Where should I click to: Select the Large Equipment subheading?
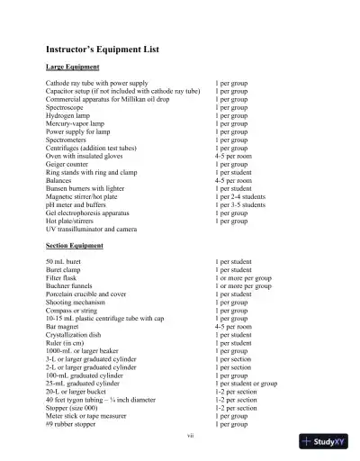[72, 68]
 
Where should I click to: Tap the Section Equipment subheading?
[75, 245]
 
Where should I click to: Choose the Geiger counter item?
[68, 165]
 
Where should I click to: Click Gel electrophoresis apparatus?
[91, 212]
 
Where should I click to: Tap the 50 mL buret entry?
[63, 261]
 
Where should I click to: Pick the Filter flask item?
[62, 277]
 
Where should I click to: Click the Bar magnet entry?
[63, 327]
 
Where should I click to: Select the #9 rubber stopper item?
[74, 424]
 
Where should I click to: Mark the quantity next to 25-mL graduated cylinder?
[246, 384]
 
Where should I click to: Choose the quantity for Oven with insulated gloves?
[233, 156]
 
